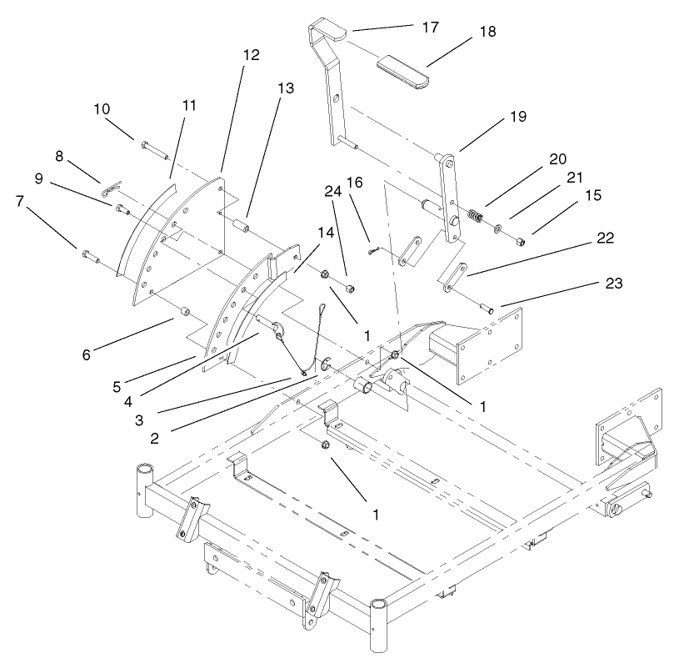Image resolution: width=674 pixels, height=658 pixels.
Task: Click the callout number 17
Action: pos(429,27)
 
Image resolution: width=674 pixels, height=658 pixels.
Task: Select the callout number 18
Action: pos(488,32)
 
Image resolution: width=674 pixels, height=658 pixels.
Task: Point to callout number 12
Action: pos(251,55)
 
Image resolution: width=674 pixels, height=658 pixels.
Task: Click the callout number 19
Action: pos(517,117)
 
